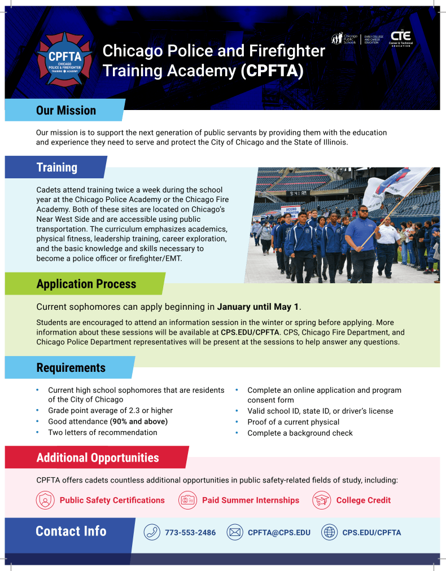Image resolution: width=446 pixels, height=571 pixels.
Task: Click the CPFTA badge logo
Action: point(64,59)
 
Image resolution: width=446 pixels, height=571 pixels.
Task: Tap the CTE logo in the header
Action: point(401,38)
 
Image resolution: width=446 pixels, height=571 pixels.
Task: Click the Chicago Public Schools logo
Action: point(344,38)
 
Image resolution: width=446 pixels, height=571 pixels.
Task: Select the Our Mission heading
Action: point(66,111)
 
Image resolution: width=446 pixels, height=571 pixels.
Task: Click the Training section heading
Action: point(57,168)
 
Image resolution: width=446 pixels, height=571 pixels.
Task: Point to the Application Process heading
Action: point(86,284)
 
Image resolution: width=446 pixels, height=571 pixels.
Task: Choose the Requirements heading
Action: point(71,368)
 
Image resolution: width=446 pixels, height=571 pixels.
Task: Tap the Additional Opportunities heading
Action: point(98,458)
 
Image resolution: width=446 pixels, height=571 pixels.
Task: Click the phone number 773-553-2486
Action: point(190,533)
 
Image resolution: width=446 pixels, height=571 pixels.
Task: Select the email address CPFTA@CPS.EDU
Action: point(279,533)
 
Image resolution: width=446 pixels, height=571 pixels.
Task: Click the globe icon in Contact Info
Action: point(329,533)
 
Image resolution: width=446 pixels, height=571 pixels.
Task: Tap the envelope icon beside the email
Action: point(235,533)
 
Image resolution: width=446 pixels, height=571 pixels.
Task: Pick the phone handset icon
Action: point(152,533)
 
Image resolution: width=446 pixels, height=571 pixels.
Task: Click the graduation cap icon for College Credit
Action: point(321,500)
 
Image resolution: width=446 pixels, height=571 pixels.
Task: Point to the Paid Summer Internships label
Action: point(251,500)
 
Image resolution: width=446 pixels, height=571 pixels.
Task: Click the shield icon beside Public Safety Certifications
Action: point(45,500)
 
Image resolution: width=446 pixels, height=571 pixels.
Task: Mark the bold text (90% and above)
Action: point(139,421)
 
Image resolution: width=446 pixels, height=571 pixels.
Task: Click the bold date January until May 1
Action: point(258,307)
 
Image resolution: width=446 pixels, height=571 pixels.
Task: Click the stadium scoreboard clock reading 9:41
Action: point(298,194)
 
